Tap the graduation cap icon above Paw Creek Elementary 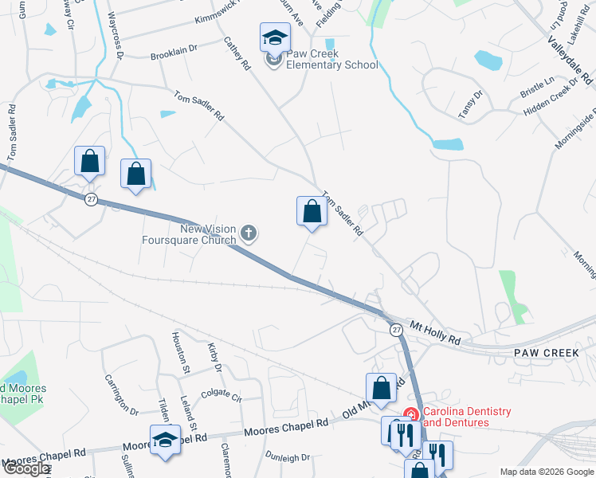(x=274, y=37)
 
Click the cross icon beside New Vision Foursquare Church (x=249, y=233)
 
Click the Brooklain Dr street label (x=174, y=53)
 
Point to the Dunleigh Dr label (x=288, y=457)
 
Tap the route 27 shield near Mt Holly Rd (x=396, y=329)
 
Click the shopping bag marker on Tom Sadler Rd (x=312, y=211)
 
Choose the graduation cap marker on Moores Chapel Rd (x=165, y=441)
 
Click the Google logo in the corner (x=26, y=468)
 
